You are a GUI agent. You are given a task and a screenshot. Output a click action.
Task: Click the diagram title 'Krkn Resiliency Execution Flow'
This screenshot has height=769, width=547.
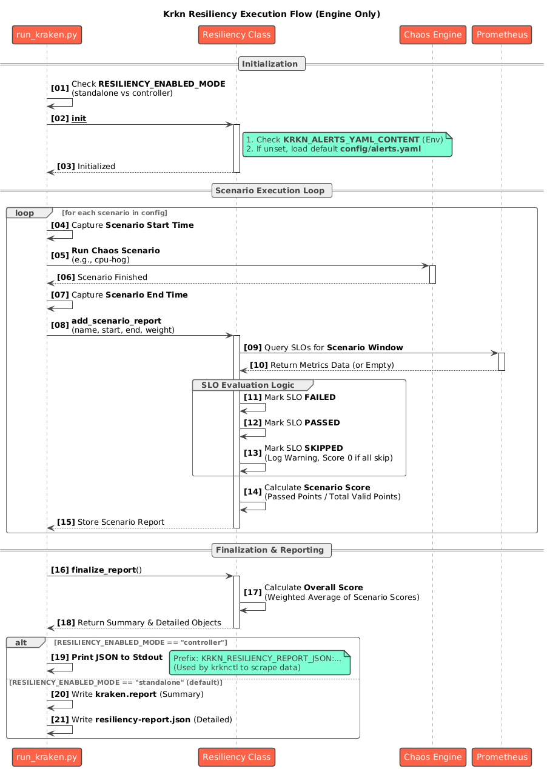272,14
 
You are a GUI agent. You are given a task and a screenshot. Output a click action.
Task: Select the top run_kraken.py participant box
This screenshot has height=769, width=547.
47,35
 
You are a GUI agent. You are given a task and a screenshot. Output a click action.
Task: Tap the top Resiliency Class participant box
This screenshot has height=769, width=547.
237,35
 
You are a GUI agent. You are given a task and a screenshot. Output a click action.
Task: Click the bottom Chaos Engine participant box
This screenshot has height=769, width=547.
432,757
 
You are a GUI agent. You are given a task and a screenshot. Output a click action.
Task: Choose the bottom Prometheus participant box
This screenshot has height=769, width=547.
502,757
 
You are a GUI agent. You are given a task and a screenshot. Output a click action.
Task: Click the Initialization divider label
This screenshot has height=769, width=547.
272,64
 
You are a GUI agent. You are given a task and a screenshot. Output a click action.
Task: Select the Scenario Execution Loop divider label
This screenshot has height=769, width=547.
272,190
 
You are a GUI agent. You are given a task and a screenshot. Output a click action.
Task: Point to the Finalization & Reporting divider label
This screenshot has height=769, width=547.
272,550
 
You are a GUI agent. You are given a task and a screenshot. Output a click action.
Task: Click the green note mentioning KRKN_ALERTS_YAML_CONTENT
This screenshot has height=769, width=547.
347,144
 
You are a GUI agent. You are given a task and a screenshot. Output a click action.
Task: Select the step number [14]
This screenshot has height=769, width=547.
253,491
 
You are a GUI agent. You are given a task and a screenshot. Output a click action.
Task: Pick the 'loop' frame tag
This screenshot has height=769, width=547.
25,213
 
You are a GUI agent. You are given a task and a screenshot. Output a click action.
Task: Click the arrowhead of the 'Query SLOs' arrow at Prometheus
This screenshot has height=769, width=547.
495,353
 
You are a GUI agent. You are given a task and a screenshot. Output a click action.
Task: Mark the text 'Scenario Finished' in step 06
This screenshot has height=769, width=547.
112,278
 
